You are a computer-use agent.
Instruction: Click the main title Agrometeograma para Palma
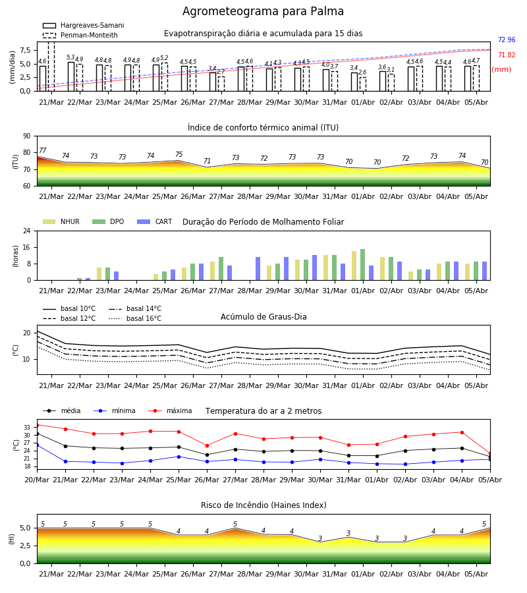pos(263,11)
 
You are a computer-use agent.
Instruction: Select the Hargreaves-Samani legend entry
pos(84,25)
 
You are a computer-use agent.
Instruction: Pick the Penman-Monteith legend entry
pos(80,35)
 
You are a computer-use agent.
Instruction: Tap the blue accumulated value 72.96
pos(507,40)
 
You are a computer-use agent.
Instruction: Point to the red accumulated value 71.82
pos(507,55)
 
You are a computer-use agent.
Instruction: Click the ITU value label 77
pos(42,150)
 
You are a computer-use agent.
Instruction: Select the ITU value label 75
pos(179,154)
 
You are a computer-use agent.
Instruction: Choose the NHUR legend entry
pos(61,221)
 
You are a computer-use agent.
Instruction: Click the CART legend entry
pos(155,221)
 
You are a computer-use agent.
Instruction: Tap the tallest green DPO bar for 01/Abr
pos(363,265)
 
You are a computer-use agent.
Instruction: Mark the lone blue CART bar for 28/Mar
pos(258,269)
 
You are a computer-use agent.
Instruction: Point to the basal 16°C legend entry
pos(135,318)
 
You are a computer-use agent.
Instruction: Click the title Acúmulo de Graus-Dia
pos(263,317)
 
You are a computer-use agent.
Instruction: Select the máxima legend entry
pos(170,410)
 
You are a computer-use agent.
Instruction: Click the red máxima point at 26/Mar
pos(207,446)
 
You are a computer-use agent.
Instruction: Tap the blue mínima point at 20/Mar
pos(37,445)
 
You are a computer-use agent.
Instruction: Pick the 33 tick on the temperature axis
pos(27,428)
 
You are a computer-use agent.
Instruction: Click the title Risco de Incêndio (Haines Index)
pos(263,505)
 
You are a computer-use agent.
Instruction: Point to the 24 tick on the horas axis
pos(27,231)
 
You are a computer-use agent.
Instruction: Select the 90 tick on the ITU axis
pos(27,136)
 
